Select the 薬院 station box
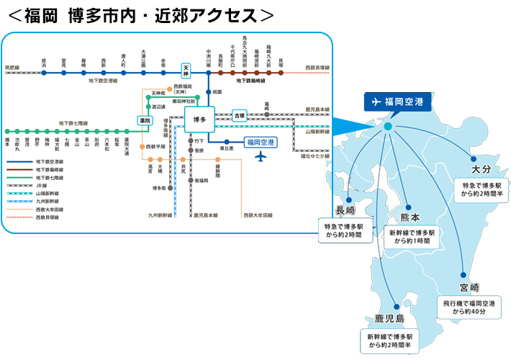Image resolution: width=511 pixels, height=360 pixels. (x=145, y=120)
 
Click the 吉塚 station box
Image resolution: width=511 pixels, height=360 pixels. (x=240, y=115)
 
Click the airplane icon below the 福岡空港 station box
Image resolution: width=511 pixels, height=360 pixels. (x=260, y=157)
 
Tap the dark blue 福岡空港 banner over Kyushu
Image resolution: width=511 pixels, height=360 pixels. (x=397, y=102)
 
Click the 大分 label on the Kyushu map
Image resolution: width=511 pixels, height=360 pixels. (x=480, y=169)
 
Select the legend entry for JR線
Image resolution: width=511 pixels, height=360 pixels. (x=36, y=185)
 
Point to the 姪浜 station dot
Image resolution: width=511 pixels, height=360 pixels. (x=44, y=72)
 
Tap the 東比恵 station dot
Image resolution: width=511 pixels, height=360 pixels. (x=225, y=142)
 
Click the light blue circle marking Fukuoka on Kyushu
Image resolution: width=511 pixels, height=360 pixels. (x=388, y=126)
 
